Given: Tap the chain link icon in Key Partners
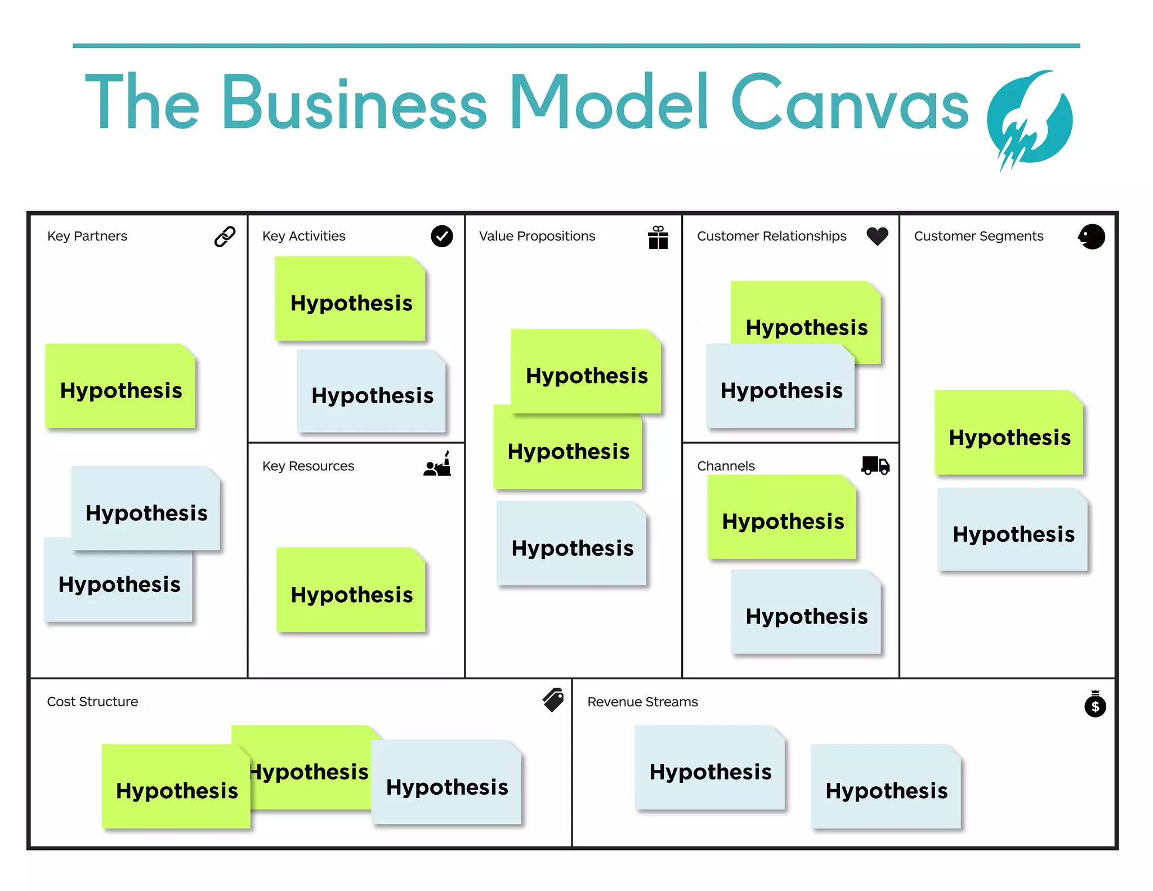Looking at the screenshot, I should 225,237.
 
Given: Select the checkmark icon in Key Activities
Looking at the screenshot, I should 442,236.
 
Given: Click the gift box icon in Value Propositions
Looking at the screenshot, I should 658,237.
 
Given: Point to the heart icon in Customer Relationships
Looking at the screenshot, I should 877,235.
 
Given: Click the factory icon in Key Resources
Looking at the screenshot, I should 438,465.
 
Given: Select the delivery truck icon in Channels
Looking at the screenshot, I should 875,465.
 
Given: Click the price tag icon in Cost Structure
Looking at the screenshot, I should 553,700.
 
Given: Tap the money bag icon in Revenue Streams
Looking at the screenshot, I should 1095,704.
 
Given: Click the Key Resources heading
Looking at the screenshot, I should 308,466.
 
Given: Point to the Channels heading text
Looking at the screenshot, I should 725,466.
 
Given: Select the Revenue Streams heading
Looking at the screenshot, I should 642,702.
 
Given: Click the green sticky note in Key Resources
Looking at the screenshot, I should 351,590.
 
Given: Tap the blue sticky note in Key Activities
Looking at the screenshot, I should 372,392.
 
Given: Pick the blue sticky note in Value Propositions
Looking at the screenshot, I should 571,544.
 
